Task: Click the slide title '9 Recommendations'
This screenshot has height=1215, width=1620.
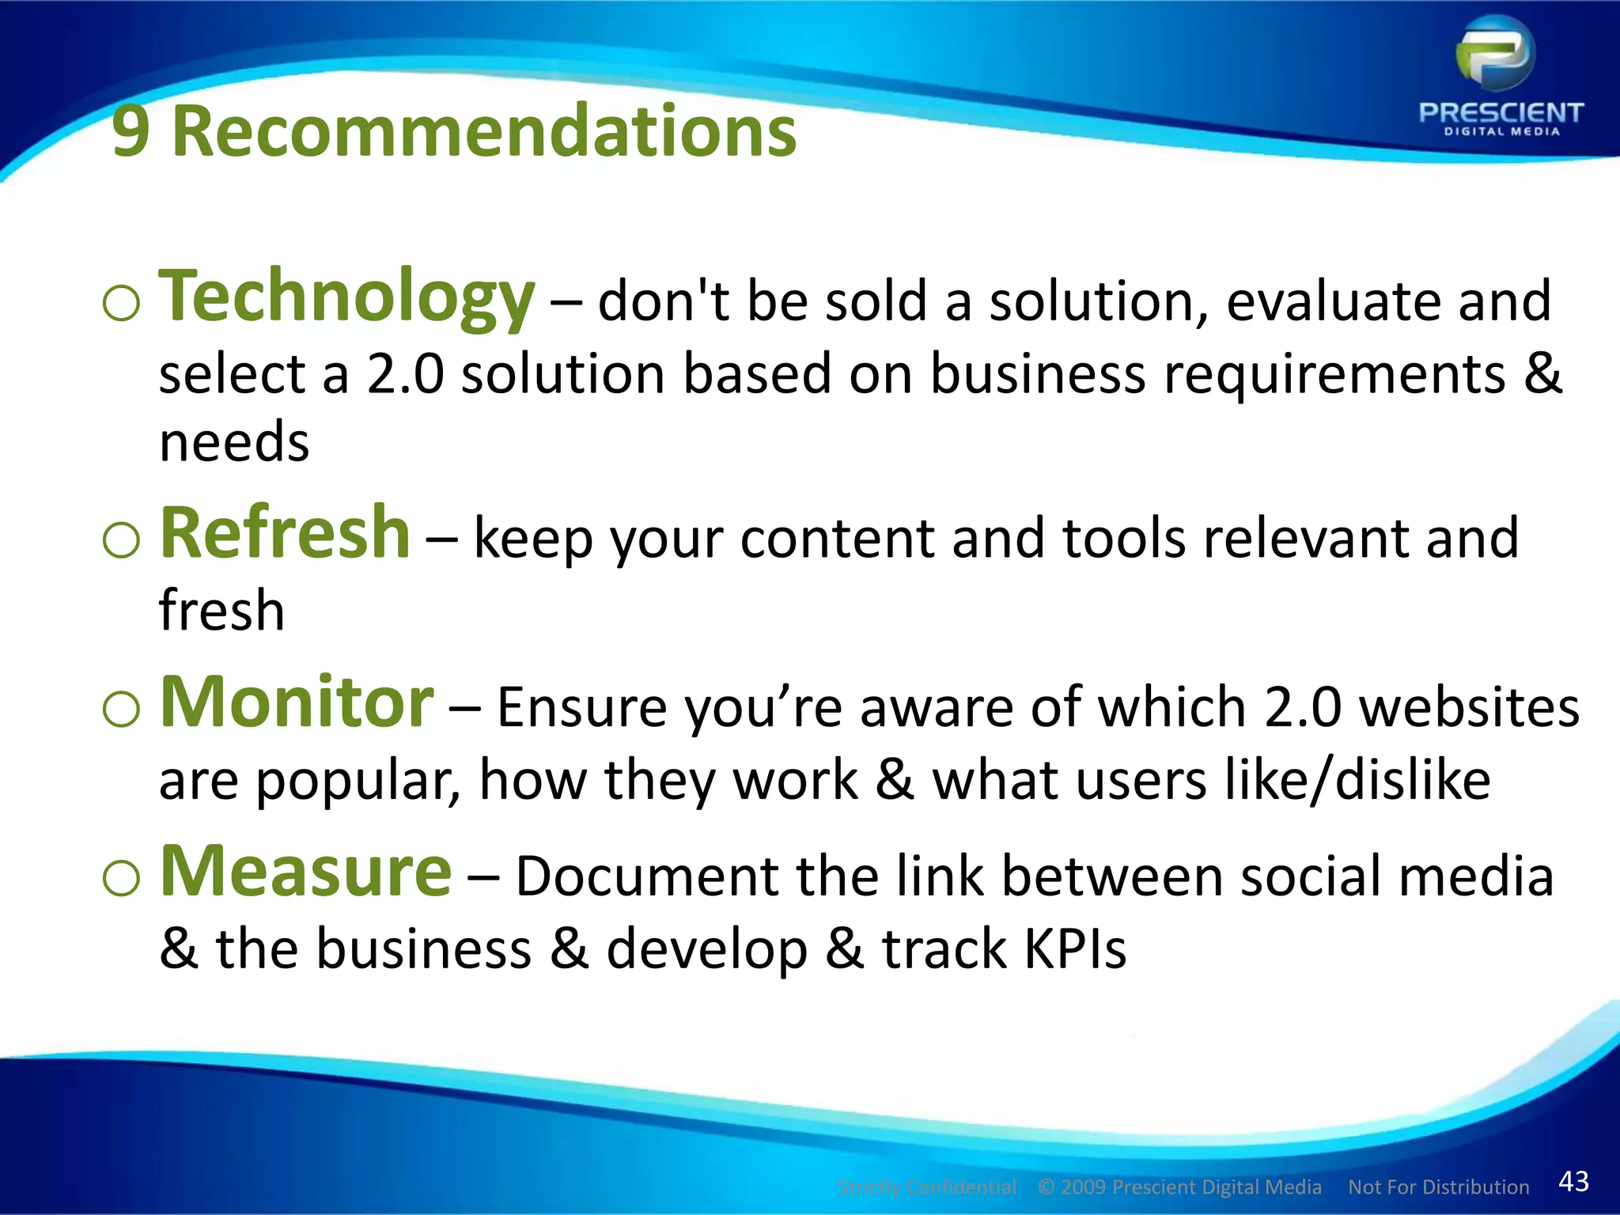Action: [x=454, y=131]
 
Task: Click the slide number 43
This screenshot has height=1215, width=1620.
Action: [x=1573, y=1181]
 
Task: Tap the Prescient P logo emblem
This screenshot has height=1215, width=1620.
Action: [x=1496, y=55]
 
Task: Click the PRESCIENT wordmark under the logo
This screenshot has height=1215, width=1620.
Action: [x=1501, y=113]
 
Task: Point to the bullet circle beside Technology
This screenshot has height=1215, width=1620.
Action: [x=121, y=304]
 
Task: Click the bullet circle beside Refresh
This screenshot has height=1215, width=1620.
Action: [x=121, y=541]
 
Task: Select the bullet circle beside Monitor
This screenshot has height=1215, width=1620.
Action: [x=121, y=710]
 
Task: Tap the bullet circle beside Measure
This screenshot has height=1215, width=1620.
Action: [x=121, y=879]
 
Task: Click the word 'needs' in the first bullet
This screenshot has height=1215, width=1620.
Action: [x=234, y=441]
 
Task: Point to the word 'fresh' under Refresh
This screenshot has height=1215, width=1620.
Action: [x=221, y=611]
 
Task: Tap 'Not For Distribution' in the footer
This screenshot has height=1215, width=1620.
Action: [x=1438, y=1187]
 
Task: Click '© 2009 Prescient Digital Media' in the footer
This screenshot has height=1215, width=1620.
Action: [x=1179, y=1187]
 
